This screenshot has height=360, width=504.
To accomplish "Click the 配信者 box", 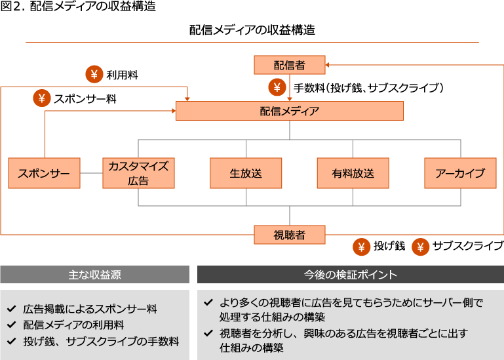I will (x=289, y=64).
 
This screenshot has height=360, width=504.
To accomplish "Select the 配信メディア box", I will (x=289, y=111).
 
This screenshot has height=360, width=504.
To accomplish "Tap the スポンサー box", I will (x=44, y=173).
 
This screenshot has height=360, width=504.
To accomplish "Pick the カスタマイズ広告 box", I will (x=138, y=173).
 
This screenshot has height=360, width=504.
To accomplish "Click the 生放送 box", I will (x=246, y=173).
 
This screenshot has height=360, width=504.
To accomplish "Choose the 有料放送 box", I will (x=353, y=173).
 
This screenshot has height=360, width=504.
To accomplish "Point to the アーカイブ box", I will (x=460, y=173).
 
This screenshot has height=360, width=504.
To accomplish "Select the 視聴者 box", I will (x=289, y=235).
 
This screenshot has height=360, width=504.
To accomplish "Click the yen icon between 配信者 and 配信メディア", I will (x=277, y=87).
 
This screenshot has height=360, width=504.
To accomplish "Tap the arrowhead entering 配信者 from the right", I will (x=328, y=64).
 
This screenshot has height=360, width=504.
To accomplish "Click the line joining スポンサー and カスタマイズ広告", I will (x=91, y=173).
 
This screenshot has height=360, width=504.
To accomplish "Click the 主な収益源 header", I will (x=94, y=274).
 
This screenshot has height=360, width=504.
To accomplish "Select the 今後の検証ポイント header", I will (x=350, y=274).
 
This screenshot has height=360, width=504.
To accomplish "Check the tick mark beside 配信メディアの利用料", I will (x=11, y=325).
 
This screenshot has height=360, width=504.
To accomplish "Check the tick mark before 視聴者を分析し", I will (x=208, y=333).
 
